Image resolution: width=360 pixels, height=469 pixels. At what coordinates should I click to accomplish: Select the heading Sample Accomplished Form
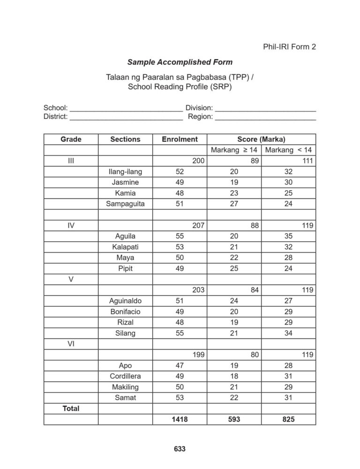(180, 62)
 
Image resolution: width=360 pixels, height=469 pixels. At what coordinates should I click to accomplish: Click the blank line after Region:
(265, 117)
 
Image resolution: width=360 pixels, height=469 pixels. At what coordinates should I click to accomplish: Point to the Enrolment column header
(180, 139)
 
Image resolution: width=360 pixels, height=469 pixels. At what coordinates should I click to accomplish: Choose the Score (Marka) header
(261, 139)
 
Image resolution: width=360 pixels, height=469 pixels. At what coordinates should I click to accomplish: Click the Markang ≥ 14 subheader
(234, 150)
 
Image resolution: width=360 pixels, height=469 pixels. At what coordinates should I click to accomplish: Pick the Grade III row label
(71, 161)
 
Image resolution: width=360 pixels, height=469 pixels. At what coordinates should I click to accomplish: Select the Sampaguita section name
(126, 204)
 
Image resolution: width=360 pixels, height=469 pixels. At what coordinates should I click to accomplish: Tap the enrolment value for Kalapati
(179, 247)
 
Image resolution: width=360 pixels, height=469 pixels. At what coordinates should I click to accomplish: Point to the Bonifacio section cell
(126, 312)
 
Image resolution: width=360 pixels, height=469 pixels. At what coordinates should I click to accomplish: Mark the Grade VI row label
(71, 344)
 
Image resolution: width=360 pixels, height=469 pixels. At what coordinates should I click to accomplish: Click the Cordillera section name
(126, 376)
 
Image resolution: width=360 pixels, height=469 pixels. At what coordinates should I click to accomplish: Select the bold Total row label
(71, 409)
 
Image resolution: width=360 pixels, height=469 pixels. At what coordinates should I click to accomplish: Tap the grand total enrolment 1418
(180, 420)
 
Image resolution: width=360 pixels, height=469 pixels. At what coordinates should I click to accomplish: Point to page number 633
(180, 449)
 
